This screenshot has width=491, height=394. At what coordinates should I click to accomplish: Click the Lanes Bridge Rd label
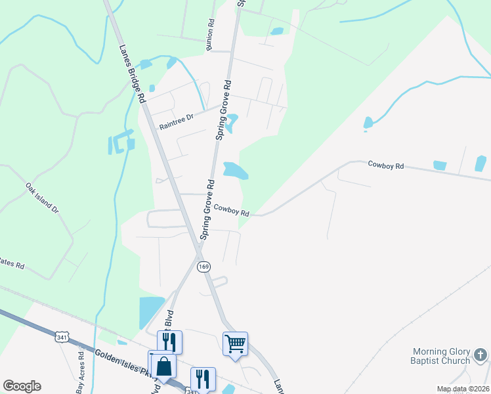tap(131, 72)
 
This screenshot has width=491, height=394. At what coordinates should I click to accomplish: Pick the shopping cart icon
tap(235, 343)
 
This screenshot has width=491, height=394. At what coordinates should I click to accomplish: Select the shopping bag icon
tap(164, 366)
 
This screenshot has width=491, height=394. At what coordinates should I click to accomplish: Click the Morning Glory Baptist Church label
tap(441, 356)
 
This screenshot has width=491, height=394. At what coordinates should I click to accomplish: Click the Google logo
tap(22, 386)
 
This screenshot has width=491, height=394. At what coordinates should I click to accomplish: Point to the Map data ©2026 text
tap(462, 389)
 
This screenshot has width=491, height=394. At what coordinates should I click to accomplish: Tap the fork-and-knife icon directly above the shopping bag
tap(169, 341)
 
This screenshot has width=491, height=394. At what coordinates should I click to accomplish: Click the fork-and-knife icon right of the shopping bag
tap(203, 378)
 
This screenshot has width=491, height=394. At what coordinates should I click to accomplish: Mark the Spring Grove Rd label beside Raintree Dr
tap(224, 110)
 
